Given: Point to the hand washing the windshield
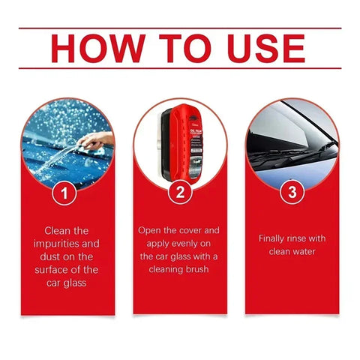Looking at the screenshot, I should click(x=96, y=139).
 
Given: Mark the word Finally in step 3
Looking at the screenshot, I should click(x=274, y=238).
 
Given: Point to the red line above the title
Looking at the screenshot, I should click(x=180, y=28).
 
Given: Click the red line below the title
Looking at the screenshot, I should click(x=180, y=68).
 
